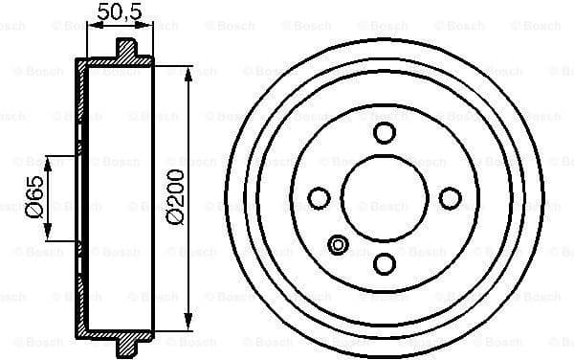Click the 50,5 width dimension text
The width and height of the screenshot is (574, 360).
click(x=120, y=12)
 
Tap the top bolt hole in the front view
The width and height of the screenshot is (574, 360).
click(x=385, y=132)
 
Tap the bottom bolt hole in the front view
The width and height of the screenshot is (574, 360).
click(x=385, y=263)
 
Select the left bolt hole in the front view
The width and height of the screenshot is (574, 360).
click(x=320, y=198)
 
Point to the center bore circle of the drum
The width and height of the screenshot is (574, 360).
click(x=385, y=198)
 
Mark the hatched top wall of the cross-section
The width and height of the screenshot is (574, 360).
click(x=115, y=64)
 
